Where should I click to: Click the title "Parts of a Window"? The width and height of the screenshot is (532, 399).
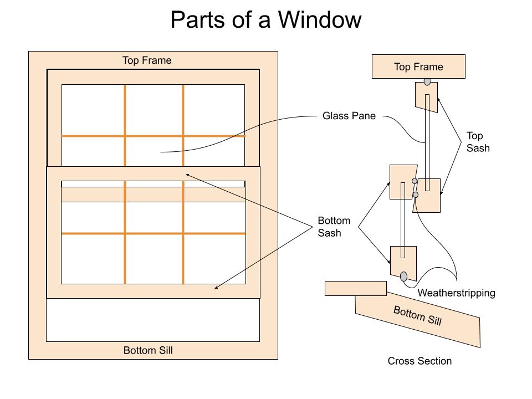pos(265,21)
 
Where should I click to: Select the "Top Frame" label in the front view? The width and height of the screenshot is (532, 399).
pos(147,60)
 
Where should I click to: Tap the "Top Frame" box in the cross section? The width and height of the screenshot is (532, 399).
pos(418,67)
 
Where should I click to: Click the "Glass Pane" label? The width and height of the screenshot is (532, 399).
pos(349,116)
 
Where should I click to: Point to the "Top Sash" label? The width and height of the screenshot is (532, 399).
pos(478,142)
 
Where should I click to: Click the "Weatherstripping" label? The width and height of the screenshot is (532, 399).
pos(456,293)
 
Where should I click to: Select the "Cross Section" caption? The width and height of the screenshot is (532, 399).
pos(420,361)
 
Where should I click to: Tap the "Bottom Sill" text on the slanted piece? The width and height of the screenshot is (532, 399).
pos(417,315)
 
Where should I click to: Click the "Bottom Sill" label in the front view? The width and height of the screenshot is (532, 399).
pos(148,350)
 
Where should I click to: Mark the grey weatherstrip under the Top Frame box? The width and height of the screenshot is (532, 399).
pos(427,81)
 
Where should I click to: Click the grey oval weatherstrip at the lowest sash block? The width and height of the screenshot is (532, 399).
pos(403,276)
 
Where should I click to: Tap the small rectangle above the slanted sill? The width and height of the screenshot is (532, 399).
pos(355,288)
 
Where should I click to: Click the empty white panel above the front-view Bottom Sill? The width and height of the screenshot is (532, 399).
pos(152,320)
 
